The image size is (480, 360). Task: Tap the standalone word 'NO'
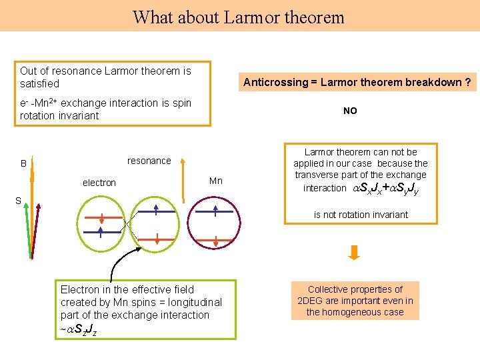(x=350, y=111)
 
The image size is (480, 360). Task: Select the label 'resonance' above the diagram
(x=149, y=161)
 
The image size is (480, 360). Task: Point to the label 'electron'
(x=99, y=183)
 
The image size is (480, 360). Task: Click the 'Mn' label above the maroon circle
(x=216, y=181)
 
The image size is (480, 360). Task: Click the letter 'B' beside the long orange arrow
(x=23, y=164)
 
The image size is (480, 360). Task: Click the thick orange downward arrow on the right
(x=355, y=252)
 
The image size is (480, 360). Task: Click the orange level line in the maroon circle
(x=216, y=233)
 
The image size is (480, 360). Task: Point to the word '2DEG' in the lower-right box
(x=312, y=301)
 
